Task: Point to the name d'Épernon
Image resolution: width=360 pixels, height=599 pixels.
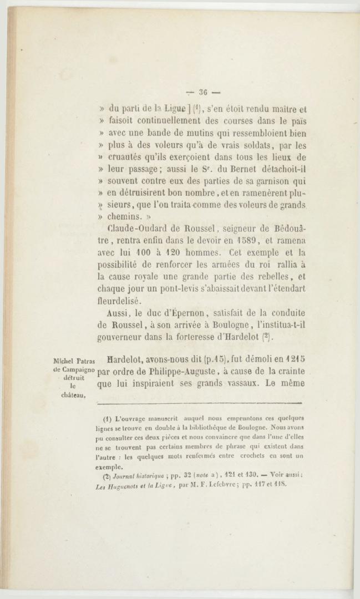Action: [x=186, y=313]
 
